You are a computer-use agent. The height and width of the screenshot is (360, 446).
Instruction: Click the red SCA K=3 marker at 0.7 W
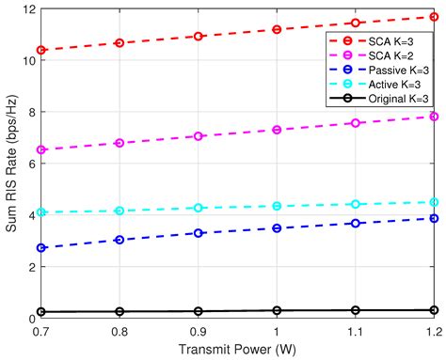[40, 50]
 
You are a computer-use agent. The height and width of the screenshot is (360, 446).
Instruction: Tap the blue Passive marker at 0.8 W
[119, 240]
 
